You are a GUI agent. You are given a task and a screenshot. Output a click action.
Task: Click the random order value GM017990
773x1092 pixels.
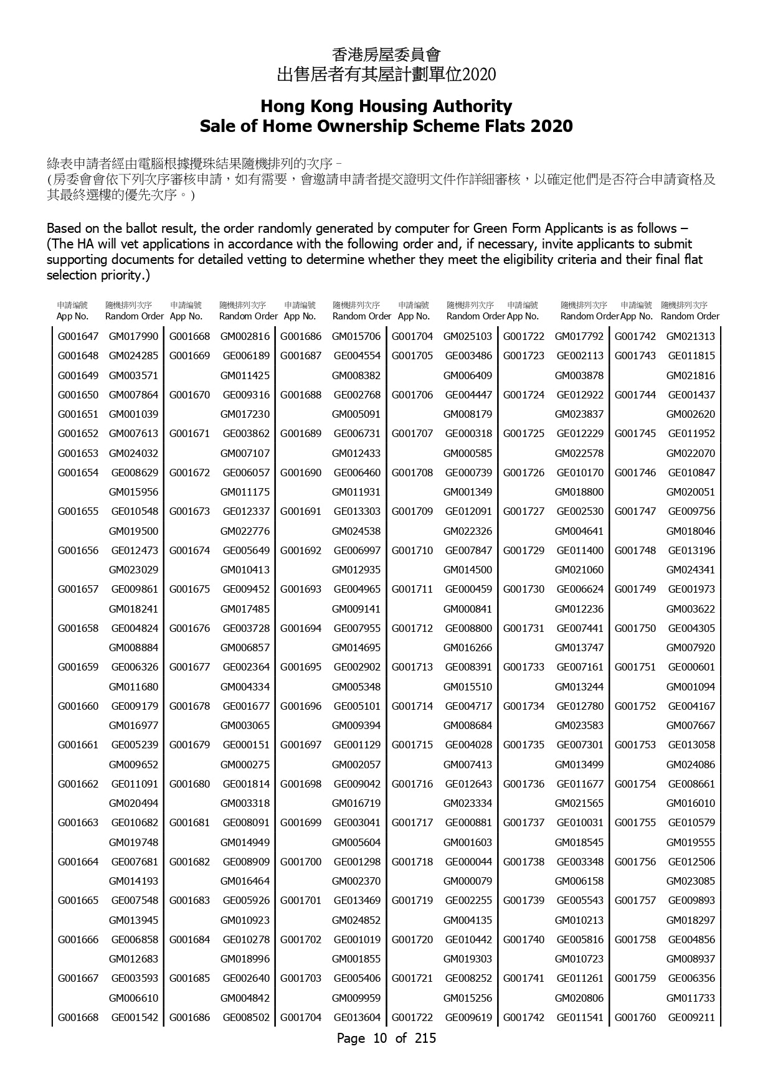coord(133,336)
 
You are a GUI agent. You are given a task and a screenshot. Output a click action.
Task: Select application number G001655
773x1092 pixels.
coord(78,511)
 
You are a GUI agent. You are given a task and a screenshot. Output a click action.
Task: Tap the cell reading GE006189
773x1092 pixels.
coord(246,355)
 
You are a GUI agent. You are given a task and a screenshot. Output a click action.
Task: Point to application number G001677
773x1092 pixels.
coord(189,667)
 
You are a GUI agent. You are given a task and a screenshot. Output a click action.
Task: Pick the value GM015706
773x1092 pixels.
coord(356,336)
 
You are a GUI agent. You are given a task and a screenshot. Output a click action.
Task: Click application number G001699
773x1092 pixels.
coord(301,822)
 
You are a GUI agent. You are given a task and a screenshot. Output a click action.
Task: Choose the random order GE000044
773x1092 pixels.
coord(468,862)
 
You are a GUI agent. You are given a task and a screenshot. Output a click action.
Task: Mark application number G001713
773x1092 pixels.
coord(412,667)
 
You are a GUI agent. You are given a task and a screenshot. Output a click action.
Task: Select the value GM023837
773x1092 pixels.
coord(579,414)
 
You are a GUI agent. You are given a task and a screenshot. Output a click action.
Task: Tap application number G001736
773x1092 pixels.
coord(524,784)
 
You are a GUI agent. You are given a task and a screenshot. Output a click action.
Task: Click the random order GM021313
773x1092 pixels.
coord(691,336)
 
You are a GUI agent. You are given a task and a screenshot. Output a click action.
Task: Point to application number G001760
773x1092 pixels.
coord(635,1017)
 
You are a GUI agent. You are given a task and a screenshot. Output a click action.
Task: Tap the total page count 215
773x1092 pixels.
coord(425,1038)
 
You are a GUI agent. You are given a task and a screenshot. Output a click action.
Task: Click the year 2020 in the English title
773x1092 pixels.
coord(551,126)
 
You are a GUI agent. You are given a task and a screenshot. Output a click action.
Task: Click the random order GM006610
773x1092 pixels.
coord(133,998)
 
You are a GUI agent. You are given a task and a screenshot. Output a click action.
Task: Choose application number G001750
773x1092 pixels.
coord(635,628)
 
